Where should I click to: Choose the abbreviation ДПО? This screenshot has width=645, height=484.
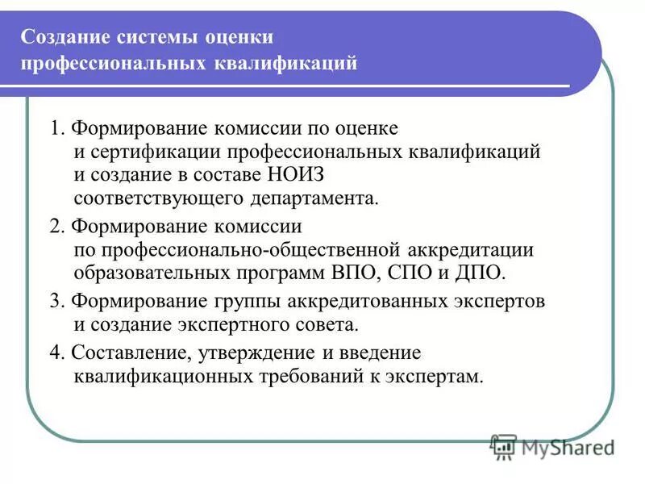pos(481,272)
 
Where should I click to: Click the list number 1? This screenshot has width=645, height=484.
pos(54,129)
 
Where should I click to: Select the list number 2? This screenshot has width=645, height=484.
pos(54,227)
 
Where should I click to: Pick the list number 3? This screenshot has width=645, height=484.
pos(54,302)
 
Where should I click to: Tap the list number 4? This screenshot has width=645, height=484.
pos(54,353)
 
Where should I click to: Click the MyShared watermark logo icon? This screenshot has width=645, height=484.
pos(504,446)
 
